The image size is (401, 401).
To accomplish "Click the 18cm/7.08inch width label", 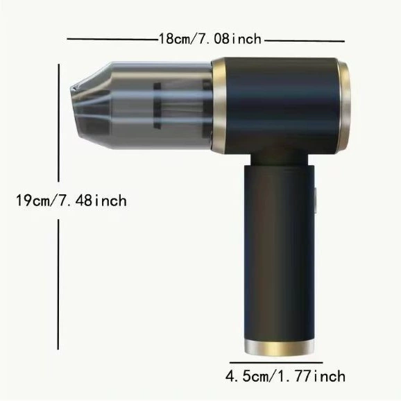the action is (210, 39).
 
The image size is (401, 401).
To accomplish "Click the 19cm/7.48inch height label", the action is (71, 200).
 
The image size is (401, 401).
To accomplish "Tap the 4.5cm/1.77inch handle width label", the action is (285, 377).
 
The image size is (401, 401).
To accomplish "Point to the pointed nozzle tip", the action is (71, 89).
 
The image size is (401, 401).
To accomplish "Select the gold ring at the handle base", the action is (280, 348).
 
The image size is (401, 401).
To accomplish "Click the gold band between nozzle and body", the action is (219, 105).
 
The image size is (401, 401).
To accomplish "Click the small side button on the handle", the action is (316, 200).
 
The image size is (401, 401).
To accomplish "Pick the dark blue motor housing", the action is (281, 105).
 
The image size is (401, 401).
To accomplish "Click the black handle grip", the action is (280, 253).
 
